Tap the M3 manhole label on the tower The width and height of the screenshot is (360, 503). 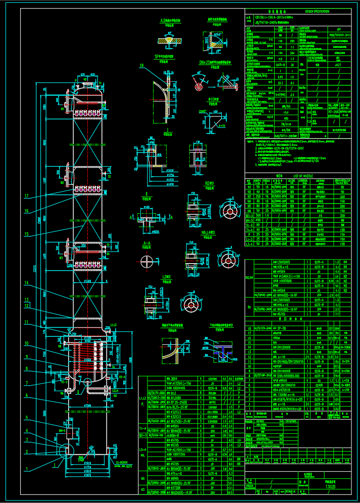[61, 258]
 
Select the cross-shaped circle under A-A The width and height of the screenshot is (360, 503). [147, 262]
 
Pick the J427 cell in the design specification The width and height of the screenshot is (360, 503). [338, 65]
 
